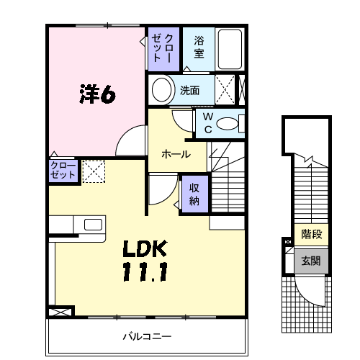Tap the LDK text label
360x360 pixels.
(145, 250)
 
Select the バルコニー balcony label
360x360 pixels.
(146, 336)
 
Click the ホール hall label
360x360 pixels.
(176, 154)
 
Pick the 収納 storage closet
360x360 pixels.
(194, 194)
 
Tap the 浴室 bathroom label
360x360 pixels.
(199, 47)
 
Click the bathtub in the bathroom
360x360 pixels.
(230, 48)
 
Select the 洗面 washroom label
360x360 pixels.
(189, 91)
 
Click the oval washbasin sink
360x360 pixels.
(163, 91)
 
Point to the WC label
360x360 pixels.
(207, 122)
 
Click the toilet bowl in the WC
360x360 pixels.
(230, 123)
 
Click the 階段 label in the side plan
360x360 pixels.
(311, 234)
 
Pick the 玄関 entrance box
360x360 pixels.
(311, 261)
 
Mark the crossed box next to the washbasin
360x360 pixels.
(225, 91)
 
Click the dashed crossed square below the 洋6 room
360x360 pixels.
(94, 171)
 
